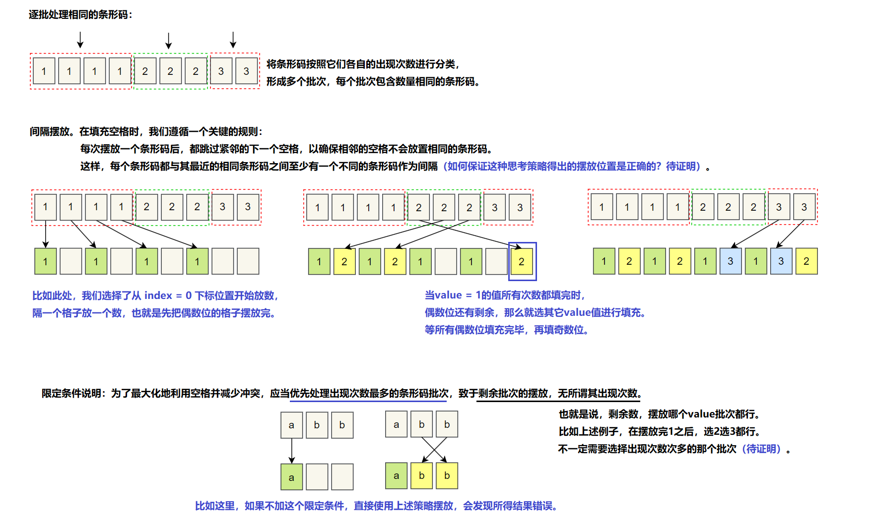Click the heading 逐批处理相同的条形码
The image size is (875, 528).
[80, 15]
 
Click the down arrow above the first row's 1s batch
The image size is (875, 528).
[80, 40]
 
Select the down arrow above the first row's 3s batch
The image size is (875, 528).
[233, 40]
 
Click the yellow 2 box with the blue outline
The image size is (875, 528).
[521, 262]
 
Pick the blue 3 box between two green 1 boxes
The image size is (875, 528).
[730, 261]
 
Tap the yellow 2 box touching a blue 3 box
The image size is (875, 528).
[806, 261]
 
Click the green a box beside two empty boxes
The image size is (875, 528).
[291, 477]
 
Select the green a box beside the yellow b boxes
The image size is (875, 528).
[396, 476]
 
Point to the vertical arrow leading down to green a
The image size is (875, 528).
[292, 451]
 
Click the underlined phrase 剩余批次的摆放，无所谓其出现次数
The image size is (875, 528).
[558, 394]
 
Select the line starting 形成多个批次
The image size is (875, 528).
[373, 82]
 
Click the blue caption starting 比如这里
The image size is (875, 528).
[376, 506]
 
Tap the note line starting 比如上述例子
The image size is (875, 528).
[660, 432]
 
